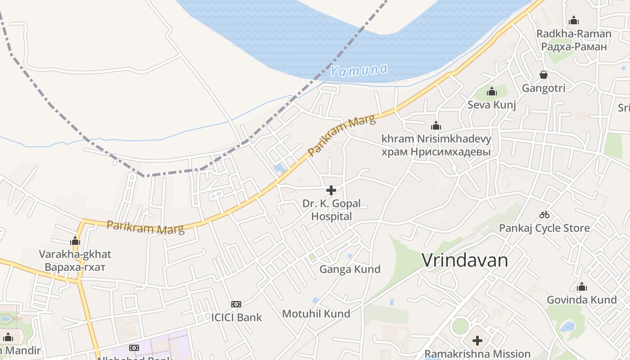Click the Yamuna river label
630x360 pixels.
click(359, 70)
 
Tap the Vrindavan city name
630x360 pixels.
click(465, 260)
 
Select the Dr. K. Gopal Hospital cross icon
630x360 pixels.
click(331, 190)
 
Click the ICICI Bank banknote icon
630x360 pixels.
click(236, 304)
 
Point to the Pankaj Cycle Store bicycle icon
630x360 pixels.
click(544, 215)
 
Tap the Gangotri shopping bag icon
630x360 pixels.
click(544, 75)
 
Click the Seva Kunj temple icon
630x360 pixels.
click(492, 92)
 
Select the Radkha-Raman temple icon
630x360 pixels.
click(574, 20)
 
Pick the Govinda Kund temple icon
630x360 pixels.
click(582, 287)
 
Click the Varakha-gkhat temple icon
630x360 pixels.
click(75, 241)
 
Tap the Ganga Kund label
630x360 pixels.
click(350, 269)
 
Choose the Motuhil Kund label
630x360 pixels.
click(316, 314)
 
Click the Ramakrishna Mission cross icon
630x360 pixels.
click(477, 341)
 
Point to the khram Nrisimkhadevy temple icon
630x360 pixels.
click(436, 126)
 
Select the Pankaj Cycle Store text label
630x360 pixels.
click(544, 228)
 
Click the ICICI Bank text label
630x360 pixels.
click(236, 317)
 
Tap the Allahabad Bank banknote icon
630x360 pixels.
click(134, 348)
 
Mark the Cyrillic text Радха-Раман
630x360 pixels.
click(574, 46)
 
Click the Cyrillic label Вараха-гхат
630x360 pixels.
click(75, 267)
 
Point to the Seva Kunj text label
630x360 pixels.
click(492, 105)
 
